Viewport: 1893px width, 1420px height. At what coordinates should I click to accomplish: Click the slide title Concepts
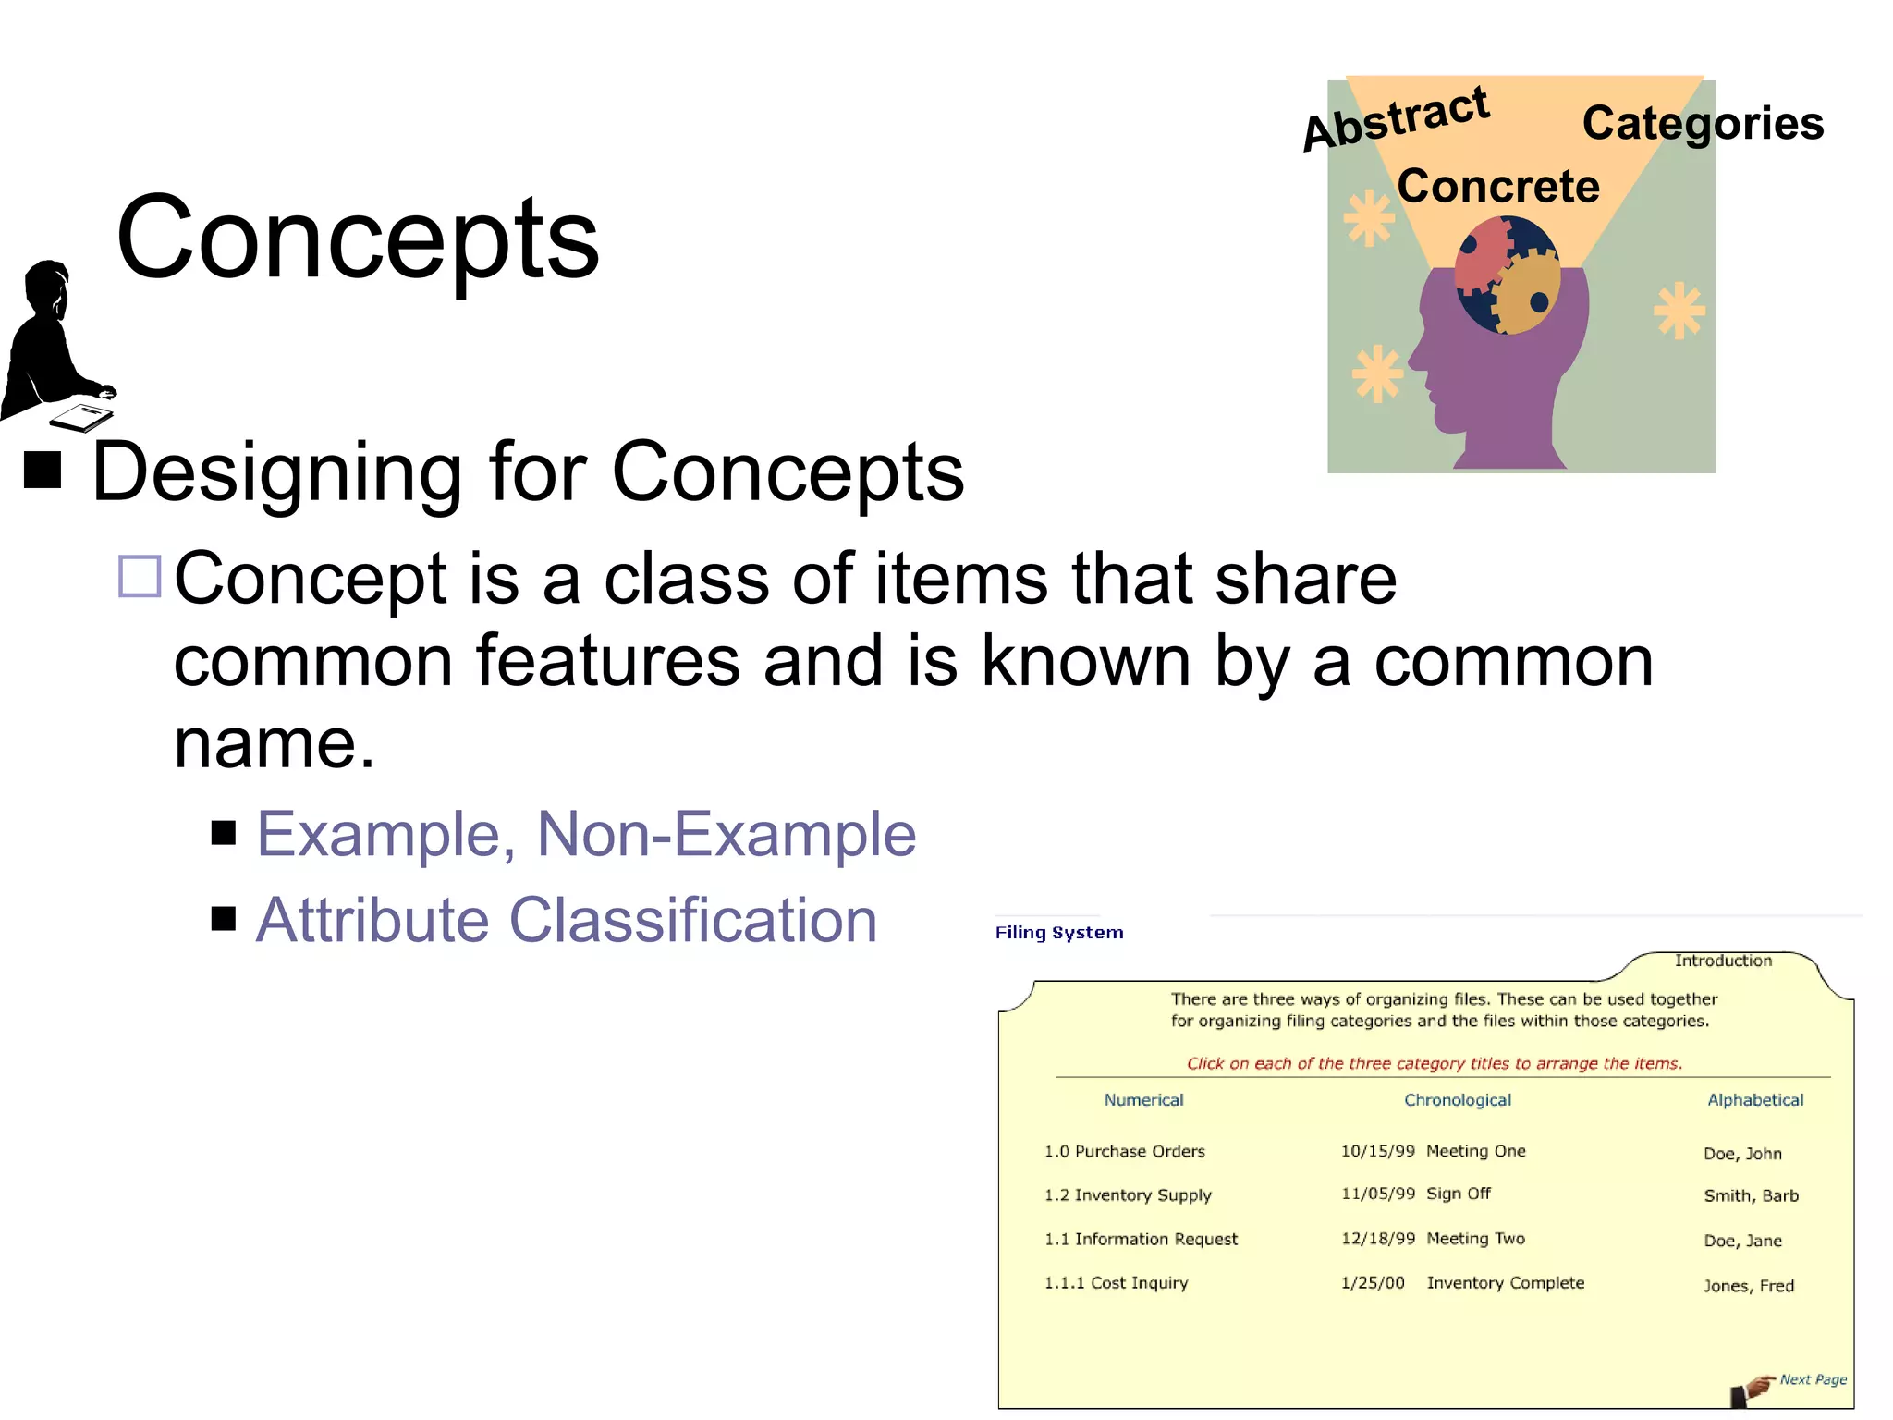358,239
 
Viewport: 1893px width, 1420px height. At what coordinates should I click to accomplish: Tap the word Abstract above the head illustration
1396,119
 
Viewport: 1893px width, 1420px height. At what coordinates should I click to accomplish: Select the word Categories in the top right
1702,123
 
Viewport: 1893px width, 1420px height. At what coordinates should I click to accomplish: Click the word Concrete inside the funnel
1497,186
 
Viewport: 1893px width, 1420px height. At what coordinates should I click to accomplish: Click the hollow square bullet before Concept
140,576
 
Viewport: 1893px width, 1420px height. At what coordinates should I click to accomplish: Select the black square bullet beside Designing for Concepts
43,470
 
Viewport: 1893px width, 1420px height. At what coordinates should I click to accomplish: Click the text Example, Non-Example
585,834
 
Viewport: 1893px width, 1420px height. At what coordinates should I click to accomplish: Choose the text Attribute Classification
566,920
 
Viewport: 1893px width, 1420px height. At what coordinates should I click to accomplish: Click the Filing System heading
1059,932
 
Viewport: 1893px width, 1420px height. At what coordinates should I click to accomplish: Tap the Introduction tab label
1723,961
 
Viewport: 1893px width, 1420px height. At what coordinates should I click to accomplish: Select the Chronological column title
1457,1099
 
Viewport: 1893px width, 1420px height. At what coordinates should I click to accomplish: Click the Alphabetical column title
1754,1099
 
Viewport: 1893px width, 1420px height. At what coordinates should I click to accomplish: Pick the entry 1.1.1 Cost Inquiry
1116,1282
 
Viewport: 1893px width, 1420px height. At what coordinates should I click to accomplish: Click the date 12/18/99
1377,1238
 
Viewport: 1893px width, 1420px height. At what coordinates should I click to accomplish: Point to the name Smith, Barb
1751,1195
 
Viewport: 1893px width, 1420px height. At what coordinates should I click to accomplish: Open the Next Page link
1812,1379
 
